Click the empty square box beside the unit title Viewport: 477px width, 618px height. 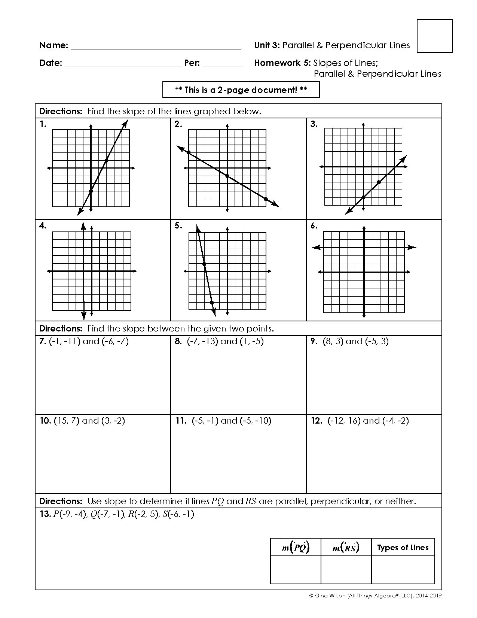434,36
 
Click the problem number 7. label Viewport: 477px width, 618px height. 43,341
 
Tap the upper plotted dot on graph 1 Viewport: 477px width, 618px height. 106,161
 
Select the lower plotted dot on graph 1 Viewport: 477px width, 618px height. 91,191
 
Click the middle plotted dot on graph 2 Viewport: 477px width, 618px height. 227,176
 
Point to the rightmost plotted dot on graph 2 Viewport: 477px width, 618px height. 266,199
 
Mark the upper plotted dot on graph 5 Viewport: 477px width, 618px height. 204,264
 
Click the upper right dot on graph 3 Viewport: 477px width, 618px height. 379,182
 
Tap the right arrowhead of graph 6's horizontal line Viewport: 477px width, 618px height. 412,247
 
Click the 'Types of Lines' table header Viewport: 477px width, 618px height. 403,548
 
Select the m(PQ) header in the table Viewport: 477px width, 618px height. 296,548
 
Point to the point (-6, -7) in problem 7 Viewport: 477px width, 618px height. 115,341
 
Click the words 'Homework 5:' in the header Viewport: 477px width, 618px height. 282,63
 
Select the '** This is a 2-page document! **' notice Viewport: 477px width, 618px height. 241,90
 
